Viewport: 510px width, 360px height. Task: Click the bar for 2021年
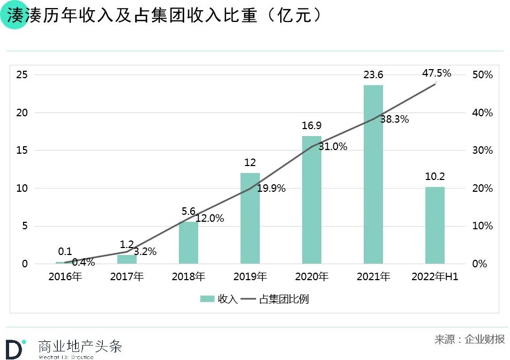(373, 174)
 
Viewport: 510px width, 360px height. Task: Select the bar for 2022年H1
(435, 225)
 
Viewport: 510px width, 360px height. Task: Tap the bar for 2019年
(250, 218)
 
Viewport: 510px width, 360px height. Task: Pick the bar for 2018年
(189, 242)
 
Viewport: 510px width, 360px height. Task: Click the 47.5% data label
(437, 73)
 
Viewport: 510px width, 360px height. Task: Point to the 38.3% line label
(394, 119)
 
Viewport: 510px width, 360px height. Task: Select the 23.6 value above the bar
(373, 75)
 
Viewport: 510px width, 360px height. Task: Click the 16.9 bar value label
(312, 126)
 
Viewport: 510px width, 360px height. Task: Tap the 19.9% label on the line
(271, 188)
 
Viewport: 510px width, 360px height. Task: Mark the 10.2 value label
(435, 176)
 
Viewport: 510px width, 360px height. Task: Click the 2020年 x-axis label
(312, 277)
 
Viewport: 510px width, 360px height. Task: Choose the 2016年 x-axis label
(65, 277)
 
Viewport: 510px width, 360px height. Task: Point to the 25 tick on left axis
(21, 74)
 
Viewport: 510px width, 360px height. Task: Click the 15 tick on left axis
(21, 151)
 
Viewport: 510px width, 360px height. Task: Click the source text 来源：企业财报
(469, 339)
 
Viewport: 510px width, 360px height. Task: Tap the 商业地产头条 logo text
(80, 346)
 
